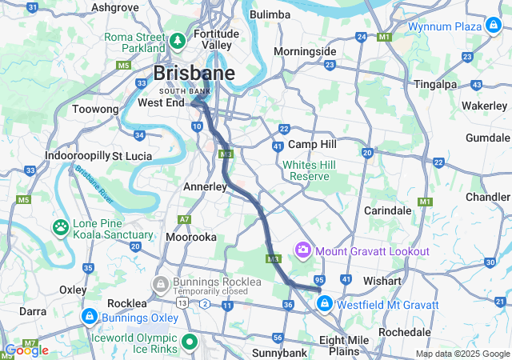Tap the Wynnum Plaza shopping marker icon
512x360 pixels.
[495, 26]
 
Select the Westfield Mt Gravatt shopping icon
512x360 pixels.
[325, 304]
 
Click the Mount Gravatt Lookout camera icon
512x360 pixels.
[302, 251]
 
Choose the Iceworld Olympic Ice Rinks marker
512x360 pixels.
[190, 342]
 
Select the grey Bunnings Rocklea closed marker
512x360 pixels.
[161, 283]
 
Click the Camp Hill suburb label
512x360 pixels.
[312, 144]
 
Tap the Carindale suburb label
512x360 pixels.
[387, 210]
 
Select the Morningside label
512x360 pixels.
[305, 51]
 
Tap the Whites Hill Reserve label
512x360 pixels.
[311, 170]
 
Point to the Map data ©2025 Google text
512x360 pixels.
[462, 354]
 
